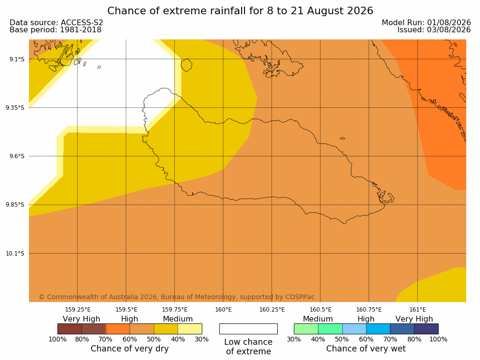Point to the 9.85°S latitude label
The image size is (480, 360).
(x=15, y=205)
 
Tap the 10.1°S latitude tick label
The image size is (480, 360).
(x=15, y=253)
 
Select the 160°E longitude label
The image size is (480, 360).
(x=224, y=310)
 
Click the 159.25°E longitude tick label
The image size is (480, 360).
(x=78, y=310)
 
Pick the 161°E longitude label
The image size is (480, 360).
(x=417, y=310)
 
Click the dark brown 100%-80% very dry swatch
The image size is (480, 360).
(x=70, y=329)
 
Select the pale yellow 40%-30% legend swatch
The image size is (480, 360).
(x=190, y=329)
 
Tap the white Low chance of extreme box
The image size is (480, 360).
(x=248, y=329)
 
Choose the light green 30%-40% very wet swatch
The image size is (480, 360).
(x=306, y=329)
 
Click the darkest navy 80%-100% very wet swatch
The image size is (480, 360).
(x=426, y=329)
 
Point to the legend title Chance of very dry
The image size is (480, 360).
(x=130, y=349)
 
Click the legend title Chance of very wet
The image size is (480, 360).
(x=366, y=349)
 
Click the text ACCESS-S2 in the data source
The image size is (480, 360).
(x=82, y=23)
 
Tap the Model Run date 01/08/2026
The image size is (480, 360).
(x=449, y=23)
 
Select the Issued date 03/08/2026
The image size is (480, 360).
(x=449, y=30)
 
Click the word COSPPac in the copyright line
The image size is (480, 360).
(x=300, y=297)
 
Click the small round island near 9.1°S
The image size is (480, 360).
(x=187, y=65)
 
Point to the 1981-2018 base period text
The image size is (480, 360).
(x=81, y=30)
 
